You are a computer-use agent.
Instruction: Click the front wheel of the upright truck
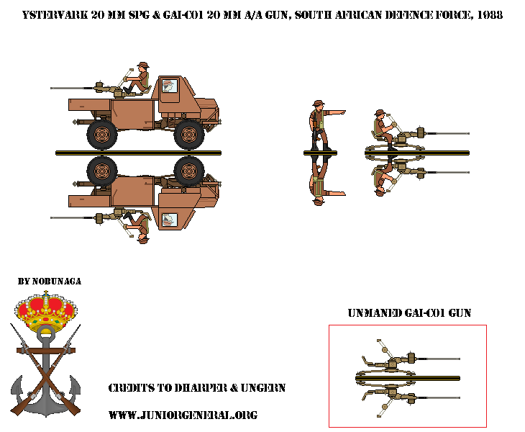tap(189, 135)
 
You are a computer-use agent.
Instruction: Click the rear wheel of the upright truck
tap(102, 135)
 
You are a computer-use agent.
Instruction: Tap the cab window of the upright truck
tap(170, 86)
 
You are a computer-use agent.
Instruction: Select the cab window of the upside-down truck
tap(170, 220)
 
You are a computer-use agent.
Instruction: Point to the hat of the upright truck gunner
tap(143, 65)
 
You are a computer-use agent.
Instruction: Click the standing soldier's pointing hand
tap(342, 112)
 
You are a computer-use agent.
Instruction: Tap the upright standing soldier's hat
tap(319, 103)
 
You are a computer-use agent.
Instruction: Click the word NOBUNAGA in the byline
tap(57, 282)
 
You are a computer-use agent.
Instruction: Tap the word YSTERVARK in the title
tap(55, 15)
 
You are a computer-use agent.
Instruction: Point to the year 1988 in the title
tap(490, 15)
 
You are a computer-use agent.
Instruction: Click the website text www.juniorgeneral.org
tap(183, 415)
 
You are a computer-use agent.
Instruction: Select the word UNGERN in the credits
tap(263, 388)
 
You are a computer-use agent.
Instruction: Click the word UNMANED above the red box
tap(375, 313)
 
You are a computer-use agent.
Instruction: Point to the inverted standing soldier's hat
tap(319, 202)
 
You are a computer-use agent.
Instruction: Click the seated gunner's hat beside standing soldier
tap(380, 112)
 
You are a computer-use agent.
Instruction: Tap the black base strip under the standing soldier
tap(321, 153)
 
